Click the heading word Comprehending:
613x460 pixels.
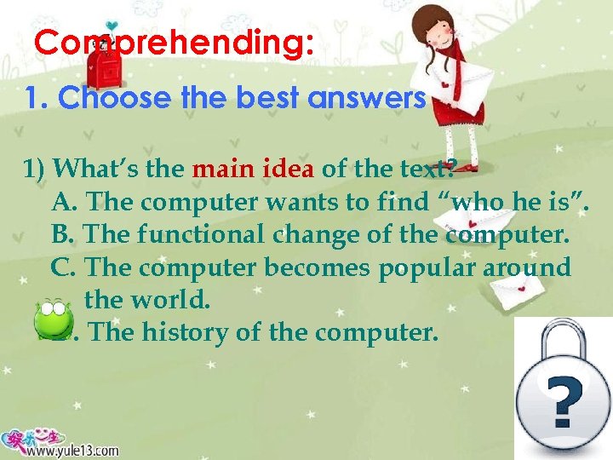pos(175,43)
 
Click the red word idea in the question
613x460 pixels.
pos(289,169)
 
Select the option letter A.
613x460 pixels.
pos(64,202)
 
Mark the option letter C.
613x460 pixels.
pos(64,267)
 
